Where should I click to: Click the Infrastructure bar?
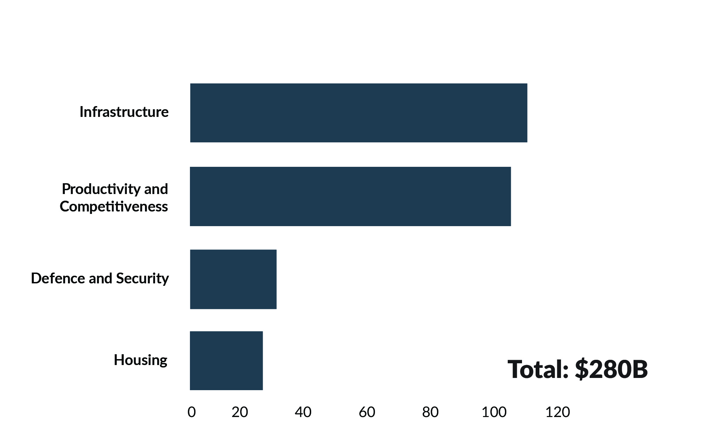(359, 113)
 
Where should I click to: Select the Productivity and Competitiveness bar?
(350, 196)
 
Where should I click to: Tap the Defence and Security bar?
(233, 279)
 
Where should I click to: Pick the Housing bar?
(226, 360)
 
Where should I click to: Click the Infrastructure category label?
(124, 112)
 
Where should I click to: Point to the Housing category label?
(140, 360)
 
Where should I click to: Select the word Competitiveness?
(114, 207)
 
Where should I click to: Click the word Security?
(142, 278)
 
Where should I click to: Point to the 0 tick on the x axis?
(191, 412)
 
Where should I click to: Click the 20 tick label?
(240, 412)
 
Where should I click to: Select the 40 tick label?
(303, 412)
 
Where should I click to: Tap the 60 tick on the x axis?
(367, 412)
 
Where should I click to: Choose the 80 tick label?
(430, 412)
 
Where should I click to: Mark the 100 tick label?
(494, 412)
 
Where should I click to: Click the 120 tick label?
(558, 412)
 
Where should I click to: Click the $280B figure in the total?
(611, 369)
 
